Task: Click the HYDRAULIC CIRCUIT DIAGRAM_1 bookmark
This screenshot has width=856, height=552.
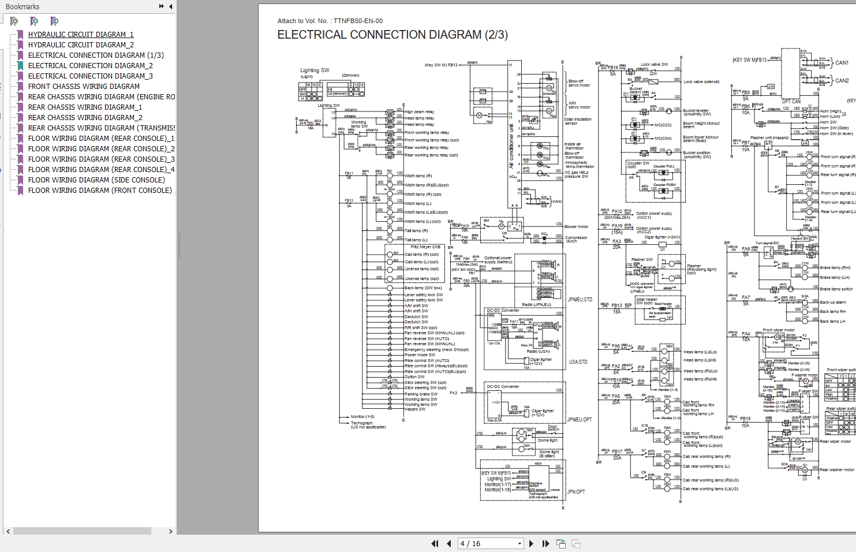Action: click(80, 35)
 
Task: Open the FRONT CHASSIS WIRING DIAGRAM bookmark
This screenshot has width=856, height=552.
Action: click(84, 87)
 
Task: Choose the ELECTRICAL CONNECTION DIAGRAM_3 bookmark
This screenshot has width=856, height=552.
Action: click(90, 76)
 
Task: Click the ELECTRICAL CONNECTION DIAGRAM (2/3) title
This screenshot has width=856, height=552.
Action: click(393, 35)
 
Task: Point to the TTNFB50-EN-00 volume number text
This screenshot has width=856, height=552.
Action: click(358, 21)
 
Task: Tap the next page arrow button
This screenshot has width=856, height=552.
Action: click(531, 543)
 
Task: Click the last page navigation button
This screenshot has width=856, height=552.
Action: click(545, 543)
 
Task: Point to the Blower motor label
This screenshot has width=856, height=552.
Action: click(576, 227)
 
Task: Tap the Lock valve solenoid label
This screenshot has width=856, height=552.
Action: click(701, 82)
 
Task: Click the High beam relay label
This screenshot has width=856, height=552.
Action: click(420, 112)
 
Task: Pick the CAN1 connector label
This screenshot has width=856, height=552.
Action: click(842, 63)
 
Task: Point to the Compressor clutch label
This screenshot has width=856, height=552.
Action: click(575, 239)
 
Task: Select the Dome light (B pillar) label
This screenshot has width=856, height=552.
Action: click(548, 454)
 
